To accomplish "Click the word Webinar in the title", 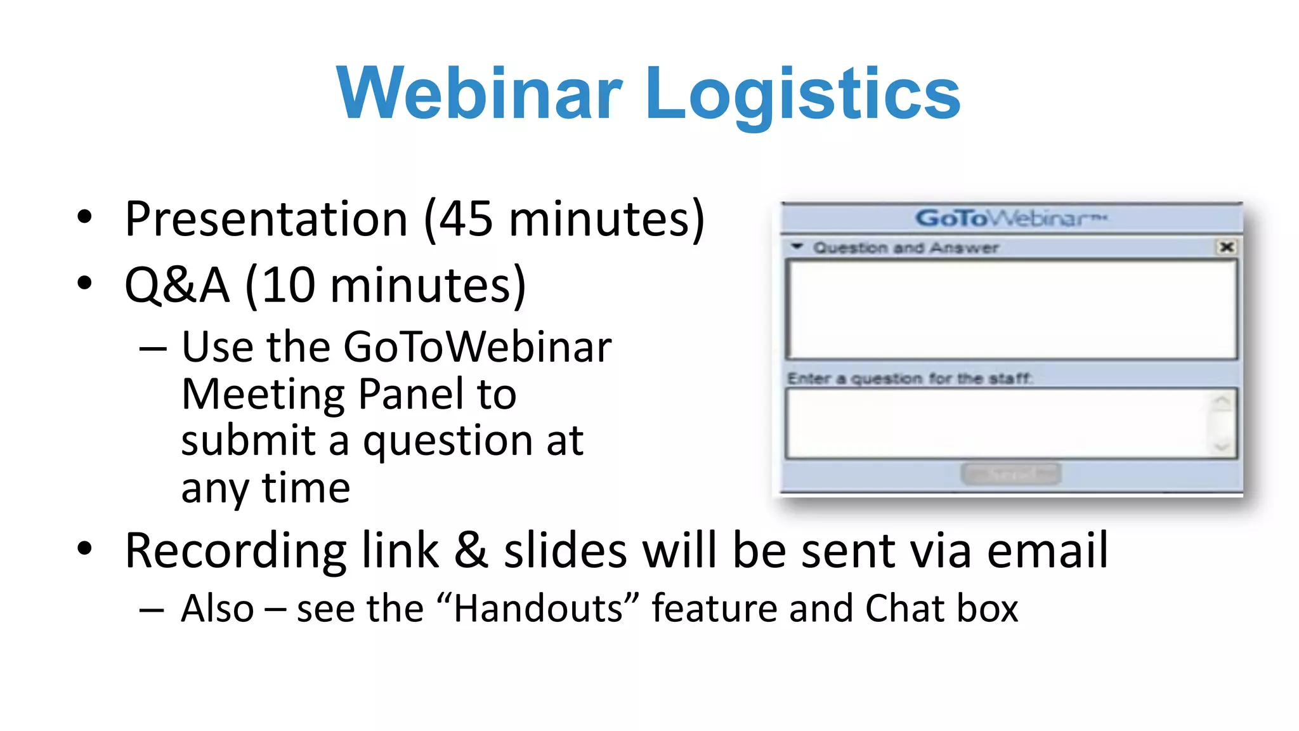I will pos(480,93).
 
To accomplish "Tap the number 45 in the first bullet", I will pos(466,219).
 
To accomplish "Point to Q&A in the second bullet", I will pos(177,285).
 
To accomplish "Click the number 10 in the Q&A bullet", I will pos(289,285).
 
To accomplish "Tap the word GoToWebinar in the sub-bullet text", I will pos(478,347).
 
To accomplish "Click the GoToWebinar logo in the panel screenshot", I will pos(1010,218).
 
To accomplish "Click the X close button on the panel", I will pos(1226,247).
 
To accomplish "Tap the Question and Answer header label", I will pos(905,247).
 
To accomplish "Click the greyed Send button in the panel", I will pos(1010,473).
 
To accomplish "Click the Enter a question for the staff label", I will pos(910,379).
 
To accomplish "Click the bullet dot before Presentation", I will pos(84,218).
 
